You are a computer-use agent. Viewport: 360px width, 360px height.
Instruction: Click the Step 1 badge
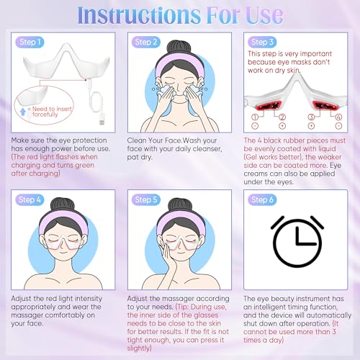click(x=31, y=42)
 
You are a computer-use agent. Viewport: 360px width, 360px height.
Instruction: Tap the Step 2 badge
click(x=146, y=42)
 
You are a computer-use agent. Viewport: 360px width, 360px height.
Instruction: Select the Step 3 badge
click(x=262, y=42)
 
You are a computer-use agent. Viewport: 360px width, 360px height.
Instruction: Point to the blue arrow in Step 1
click(x=27, y=112)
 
